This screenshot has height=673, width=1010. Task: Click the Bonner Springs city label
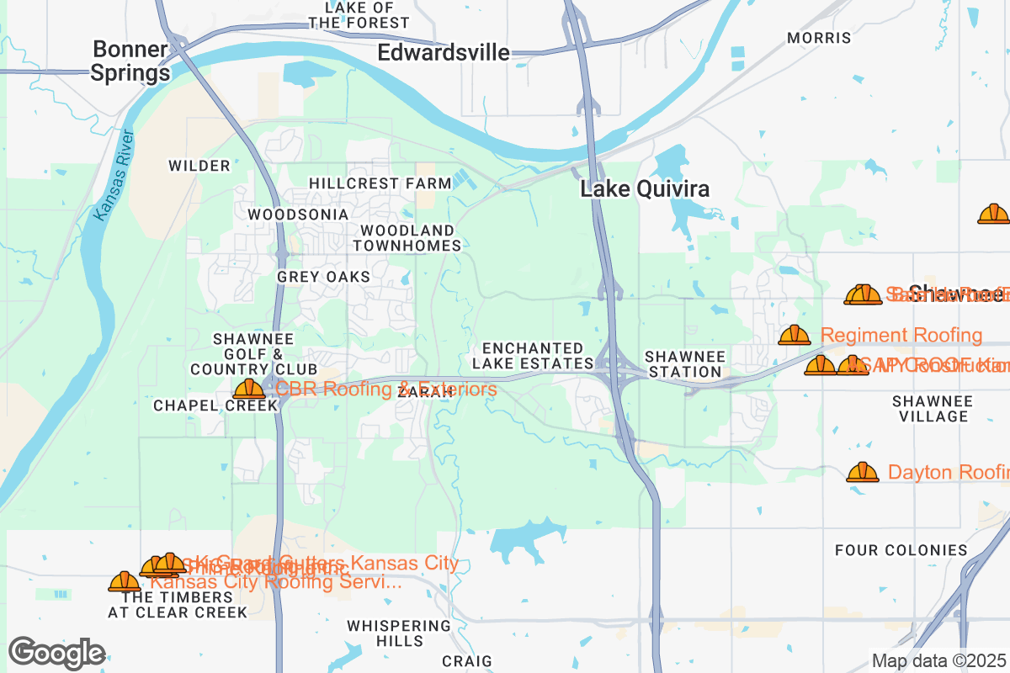click(x=130, y=61)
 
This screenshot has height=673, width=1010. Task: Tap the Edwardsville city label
click(x=444, y=53)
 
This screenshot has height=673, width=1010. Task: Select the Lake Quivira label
click(x=645, y=189)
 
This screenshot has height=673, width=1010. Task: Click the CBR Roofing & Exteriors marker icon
click(x=249, y=389)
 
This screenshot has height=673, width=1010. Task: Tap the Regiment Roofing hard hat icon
click(x=794, y=336)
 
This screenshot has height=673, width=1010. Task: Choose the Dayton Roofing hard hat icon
click(x=863, y=472)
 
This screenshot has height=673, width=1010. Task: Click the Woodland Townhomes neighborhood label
click(x=407, y=238)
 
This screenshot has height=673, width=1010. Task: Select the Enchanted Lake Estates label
click(x=533, y=356)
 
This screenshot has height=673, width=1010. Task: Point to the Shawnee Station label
click(x=684, y=364)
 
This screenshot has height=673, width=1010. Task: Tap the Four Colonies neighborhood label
click(x=901, y=550)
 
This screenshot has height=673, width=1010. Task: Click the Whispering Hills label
click(x=399, y=633)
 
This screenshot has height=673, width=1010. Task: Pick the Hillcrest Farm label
click(x=380, y=183)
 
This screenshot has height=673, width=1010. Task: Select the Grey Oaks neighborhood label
click(x=323, y=277)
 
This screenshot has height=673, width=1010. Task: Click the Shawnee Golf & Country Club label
click(x=253, y=353)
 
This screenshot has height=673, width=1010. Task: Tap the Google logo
click(x=57, y=653)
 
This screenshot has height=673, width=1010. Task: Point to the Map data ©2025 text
click(x=938, y=660)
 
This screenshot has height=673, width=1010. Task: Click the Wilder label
click(x=199, y=166)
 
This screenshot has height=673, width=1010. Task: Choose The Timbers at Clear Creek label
click(x=178, y=605)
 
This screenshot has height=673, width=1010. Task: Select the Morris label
click(x=819, y=38)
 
